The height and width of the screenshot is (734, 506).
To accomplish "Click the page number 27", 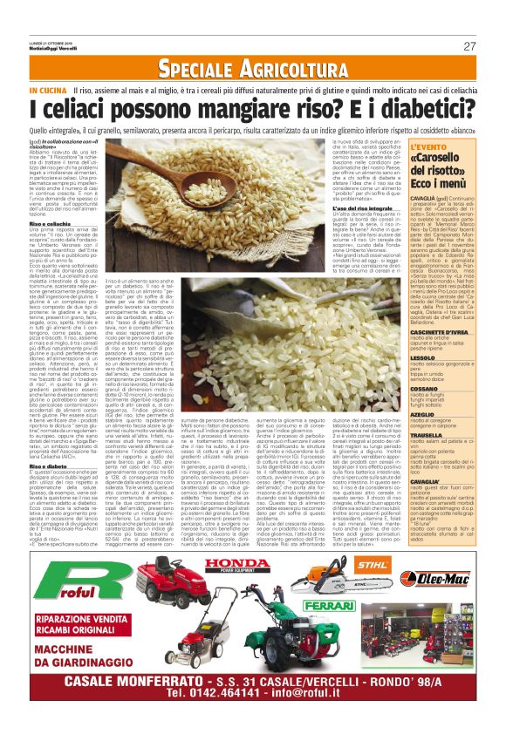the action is (469, 45).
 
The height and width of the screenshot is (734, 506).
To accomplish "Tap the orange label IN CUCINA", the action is (48, 91).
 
